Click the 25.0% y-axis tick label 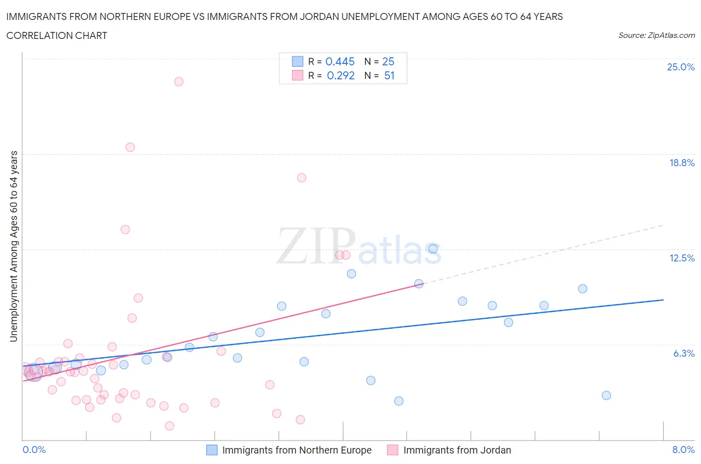(x=681, y=67)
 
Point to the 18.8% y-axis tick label (x=682, y=163)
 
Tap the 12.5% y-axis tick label (x=682, y=258)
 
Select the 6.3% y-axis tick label (x=684, y=353)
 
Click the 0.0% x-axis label (x=34, y=450)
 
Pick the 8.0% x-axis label (x=683, y=450)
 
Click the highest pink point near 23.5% (x=178, y=81)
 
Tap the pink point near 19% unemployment (x=130, y=147)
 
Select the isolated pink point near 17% (x=301, y=178)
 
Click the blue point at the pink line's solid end (x=419, y=283)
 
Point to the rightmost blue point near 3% (x=606, y=395)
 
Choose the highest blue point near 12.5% (x=433, y=248)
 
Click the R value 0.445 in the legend (x=340, y=61)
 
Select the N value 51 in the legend (x=389, y=76)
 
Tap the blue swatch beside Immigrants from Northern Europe (x=212, y=450)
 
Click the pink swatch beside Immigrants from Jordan (x=393, y=450)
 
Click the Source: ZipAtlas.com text (x=656, y=35)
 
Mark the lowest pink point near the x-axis (x=170, y=426)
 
